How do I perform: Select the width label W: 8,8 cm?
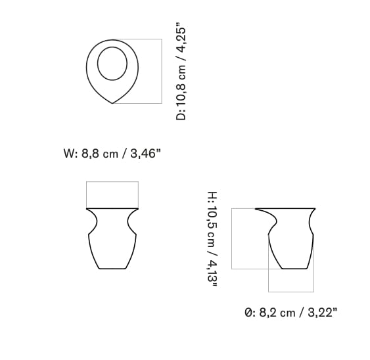tap(90, 154)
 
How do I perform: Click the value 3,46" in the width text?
tap(145, 154)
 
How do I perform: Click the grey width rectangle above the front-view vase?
tap(112, 194)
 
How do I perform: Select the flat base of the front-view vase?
tap(112, 269)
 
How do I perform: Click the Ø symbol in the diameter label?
tap(248, 313)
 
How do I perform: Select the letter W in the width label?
tap(68, 154)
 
